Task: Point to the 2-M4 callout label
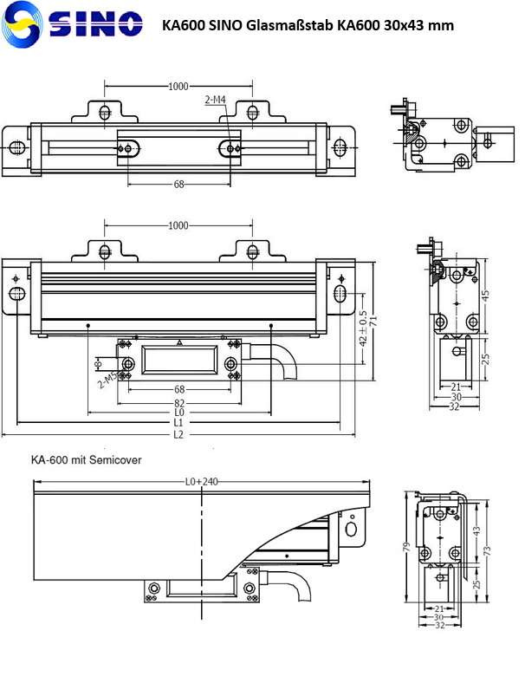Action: pyautogui.click(x=216, y=101)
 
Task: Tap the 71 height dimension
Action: pyautogui.click(x=374, y=320)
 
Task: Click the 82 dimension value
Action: pyautogui.click(x=178, y=403)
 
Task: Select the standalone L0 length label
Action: pyautogui.click(x=178, y=413)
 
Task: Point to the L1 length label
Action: pyautogui.click(x=178, y=423)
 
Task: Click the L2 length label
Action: pyautogui.click(x=178, y=433)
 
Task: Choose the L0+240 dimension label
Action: pyautogui.click(x=200, y=481)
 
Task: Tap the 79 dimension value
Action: pyautogui.click(x=407, y=547)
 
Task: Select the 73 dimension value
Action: pyautogui.click(x=488, y=550)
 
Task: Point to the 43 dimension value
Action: pyautogui.click(x=476, y=530)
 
